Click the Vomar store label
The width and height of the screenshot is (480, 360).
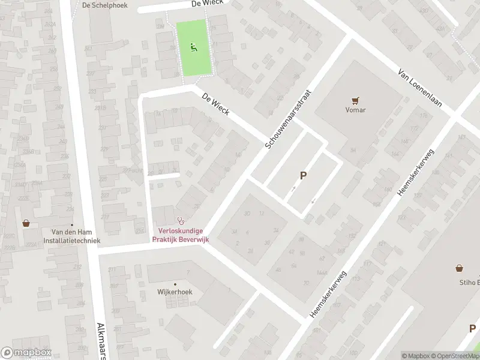[355, 110]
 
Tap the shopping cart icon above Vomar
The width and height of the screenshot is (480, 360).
[355, 101]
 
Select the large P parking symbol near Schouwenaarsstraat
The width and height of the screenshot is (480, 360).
[304, 176]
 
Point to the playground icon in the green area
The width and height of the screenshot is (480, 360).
[193, 47]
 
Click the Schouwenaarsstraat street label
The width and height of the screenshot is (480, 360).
[290, 112]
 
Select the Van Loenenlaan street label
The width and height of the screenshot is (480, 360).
[420, 88]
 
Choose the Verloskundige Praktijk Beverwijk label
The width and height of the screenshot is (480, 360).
[181, 236]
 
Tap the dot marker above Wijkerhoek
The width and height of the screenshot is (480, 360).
[175, 284]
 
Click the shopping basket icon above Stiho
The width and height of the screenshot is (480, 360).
[460, 269]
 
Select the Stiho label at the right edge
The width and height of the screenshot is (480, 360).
[468, 282]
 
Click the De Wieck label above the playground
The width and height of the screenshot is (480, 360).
[207, 3]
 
